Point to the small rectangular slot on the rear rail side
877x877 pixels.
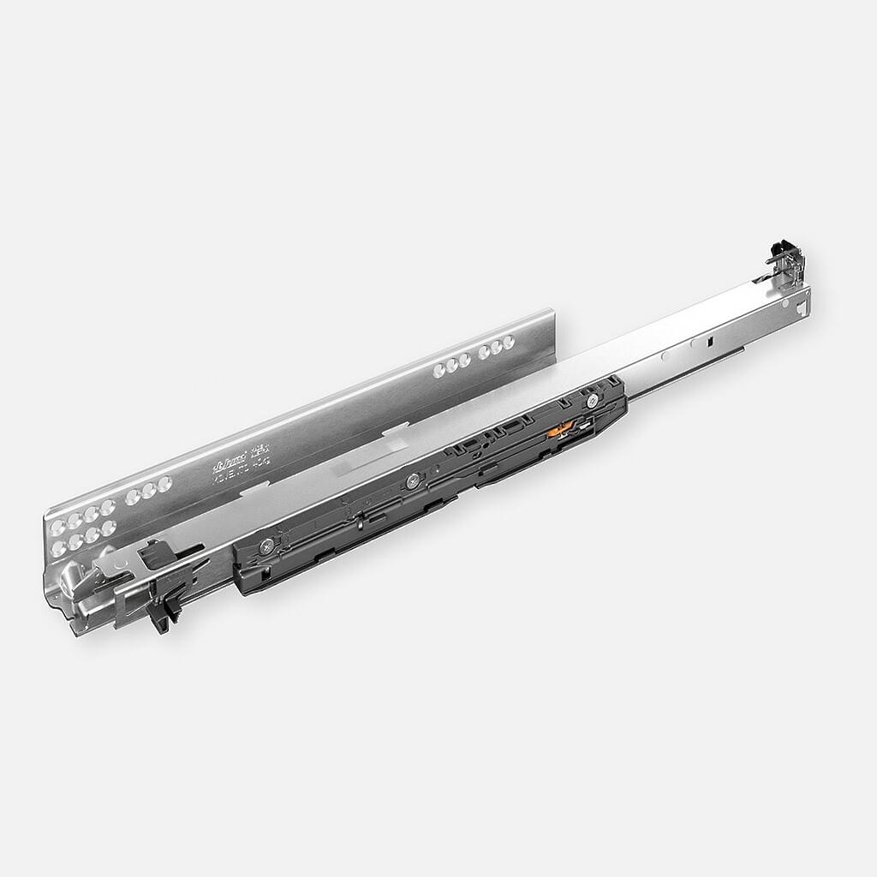click(710, 342)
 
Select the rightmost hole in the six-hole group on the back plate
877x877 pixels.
click(509, 342)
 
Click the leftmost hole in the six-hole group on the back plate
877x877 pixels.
click(439, 371)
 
